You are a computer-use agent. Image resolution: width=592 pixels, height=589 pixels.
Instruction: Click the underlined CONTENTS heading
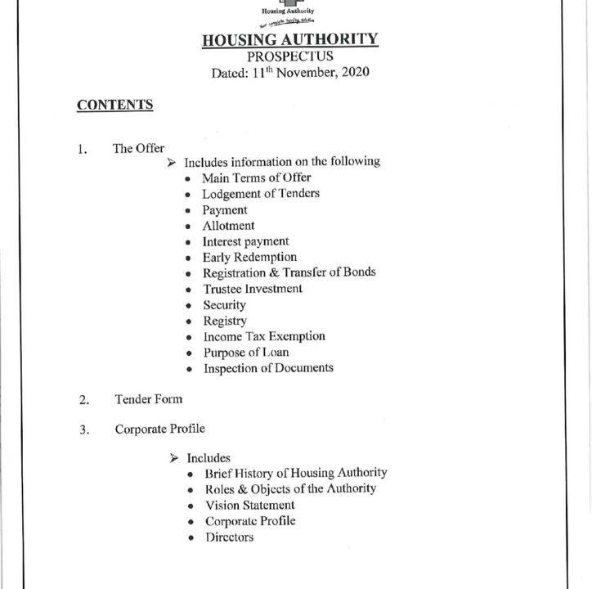[114, 105]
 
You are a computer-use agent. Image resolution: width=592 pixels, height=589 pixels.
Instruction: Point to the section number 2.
[83, 400]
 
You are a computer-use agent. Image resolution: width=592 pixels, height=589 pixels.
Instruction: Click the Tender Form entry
[148, 399]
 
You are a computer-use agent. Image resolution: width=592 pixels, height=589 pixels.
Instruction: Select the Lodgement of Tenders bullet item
[261, 194]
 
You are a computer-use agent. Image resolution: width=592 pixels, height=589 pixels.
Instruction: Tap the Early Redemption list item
[249, 257]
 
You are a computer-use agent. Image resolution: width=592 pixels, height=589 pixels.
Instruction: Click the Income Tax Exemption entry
[264, 336]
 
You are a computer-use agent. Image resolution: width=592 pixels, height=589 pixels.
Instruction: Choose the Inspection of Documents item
[268, 368]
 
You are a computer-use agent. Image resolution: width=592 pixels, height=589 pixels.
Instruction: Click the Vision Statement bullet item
[249, 506]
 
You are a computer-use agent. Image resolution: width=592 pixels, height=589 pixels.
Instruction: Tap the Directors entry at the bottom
[229, 537]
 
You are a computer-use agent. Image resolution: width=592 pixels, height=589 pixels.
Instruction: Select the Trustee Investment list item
[253, 289]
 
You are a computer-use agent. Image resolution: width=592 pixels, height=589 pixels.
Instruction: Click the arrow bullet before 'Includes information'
[172, 162]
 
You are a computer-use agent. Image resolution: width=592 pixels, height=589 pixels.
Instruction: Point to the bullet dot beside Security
[189, 306]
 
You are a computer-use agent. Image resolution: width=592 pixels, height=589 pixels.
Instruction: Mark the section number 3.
[83, 429]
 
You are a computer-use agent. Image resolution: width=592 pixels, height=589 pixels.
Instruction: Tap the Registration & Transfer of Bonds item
[289, 272]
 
